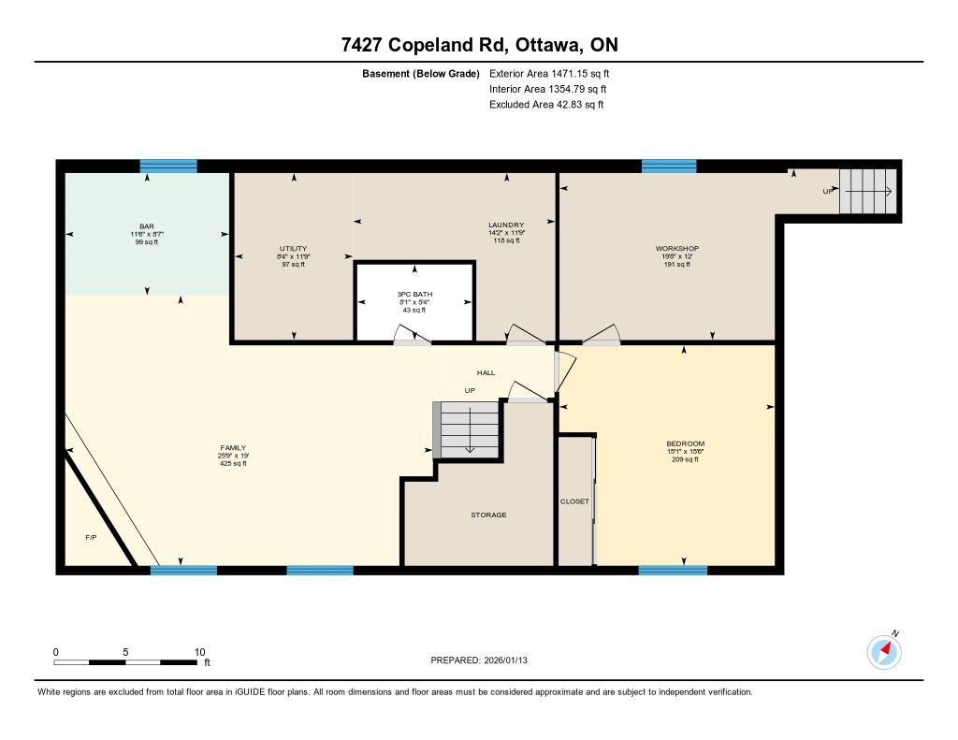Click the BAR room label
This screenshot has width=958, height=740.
coord(147,226)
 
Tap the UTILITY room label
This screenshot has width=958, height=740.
coord(293,249)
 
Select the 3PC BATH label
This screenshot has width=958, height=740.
coord(414,294)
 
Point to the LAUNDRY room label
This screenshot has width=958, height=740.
coord(506,225)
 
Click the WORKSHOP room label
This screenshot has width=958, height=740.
coord(677,249)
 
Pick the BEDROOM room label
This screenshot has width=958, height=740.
coord(685,443)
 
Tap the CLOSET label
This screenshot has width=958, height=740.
coord(574,501)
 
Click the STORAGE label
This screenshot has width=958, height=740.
coord(488,515)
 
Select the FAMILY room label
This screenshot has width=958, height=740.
coord(233,448)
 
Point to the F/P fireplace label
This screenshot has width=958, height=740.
coord(91,537)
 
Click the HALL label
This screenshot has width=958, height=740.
coord(486,372)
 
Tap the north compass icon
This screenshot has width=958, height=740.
coord(884,652)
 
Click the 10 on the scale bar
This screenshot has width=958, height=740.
coord(200,652)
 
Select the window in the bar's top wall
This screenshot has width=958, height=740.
coord(168,167)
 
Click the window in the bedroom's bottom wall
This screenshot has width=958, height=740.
coord(673,570)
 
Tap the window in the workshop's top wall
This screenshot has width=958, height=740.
coord(669,167)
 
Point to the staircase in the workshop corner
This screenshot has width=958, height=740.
coord(867,191)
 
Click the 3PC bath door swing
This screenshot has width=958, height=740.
coord(413,336)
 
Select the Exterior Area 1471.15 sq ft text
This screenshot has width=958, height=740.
coord(549,73)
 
